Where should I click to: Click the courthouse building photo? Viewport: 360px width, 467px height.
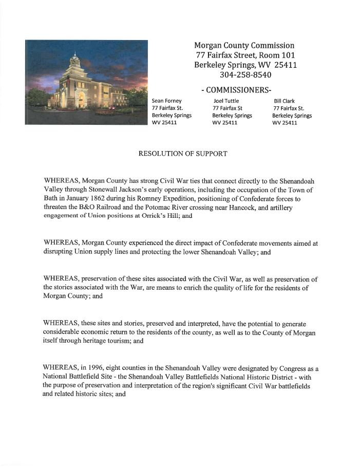[x=86, y=82]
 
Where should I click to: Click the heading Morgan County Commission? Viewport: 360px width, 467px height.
[x=244, y=46]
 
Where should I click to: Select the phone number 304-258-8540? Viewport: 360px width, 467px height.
[x=245, y=75]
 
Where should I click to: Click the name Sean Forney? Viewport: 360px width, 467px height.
[x=167, y=101]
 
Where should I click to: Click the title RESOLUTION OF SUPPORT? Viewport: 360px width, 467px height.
[x=183, y=154]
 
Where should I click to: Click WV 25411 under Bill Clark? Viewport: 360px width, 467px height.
[x=285, y=123]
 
